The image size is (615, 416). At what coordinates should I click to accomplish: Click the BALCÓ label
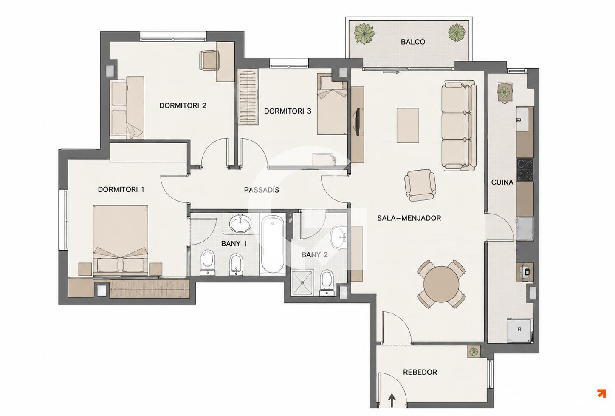pyautogui.click(x=413, y=42)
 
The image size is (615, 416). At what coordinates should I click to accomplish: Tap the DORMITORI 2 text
pyautogui.click(x=183, y=105)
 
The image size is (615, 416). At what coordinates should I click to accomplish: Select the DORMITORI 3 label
pyautogui.click(x=288, y=111)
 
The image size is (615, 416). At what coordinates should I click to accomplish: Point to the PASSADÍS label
pyautogui.click(x=261, y=190)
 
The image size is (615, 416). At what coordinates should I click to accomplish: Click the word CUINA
pyautogui.click(x=502, y=182)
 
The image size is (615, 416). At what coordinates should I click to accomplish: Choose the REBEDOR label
pyautogui.click(x=420, y=372)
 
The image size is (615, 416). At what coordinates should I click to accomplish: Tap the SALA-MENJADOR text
pyautogui.click(x=409, y=218)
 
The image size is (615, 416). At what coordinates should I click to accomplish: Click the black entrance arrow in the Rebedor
pyautogui.click(x=392, y=401)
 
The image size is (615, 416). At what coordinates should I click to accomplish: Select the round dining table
pyautogui.click(x=441, y=284)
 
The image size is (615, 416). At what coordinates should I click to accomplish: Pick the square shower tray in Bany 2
pyautogui.click(x=302, y=283)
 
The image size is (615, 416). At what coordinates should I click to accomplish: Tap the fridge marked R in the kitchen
pyautogui.click(x=519, y=330)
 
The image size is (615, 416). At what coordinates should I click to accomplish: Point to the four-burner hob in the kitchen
pyautogui.click(x=525, y=169)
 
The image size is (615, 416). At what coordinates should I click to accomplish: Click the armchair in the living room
pyautogui.click(x=420, y=185)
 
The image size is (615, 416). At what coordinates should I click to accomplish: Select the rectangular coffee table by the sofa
pyautogui.click(x=408, y=125)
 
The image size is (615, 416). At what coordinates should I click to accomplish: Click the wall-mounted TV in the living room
pyautogui.click(x=358, y=122)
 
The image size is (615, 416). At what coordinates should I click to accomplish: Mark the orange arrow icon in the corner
pyautogui.click(x=601, y=393)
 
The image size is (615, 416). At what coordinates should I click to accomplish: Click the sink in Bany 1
pyautogui.click(x=240, y=224)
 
